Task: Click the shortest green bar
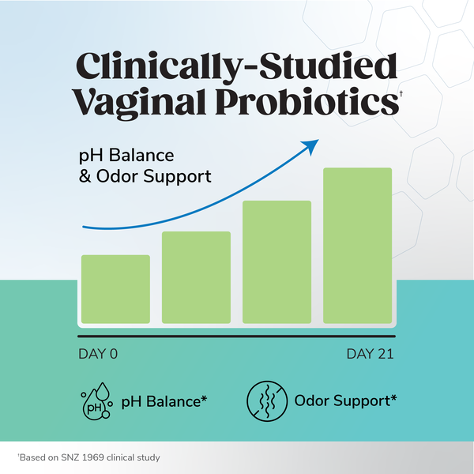(x=115, y=288)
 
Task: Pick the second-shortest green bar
(x=196, y=276)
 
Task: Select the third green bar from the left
(x=276, y=261)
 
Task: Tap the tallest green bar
(x=358, y=245)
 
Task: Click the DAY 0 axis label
(x=97, y=353)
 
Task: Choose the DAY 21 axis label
(x=370, y=353)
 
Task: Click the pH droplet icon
(x=96, y=401)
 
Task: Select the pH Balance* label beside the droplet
(x=164, y=401)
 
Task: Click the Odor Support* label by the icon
(x=345, y=401)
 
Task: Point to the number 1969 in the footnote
(x=86, y=457)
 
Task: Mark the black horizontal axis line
(x=236, y=337)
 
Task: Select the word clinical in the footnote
(x=118, y=457)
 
